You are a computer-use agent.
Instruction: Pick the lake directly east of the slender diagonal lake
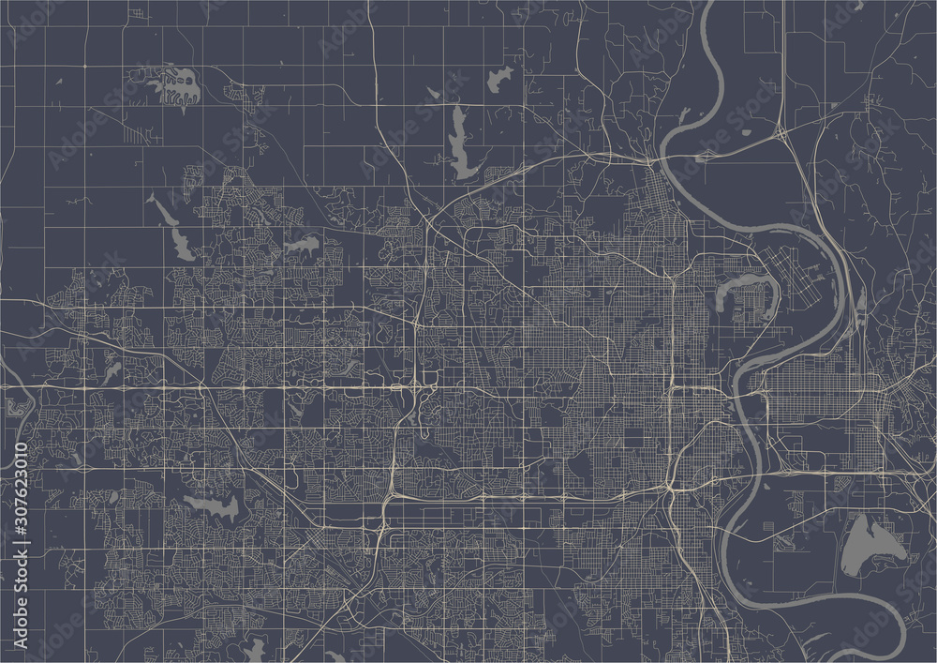(x=302, y=247)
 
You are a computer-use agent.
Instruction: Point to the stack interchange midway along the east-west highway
(x=412, y=385)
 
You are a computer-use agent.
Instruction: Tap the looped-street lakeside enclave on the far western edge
(x=17, y=409)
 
